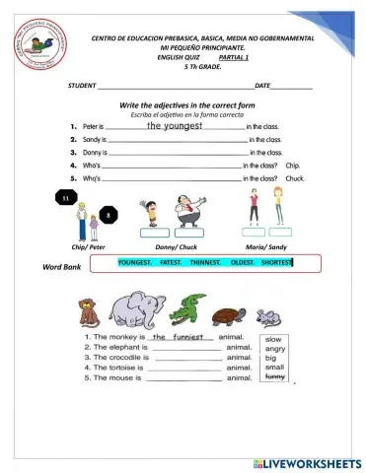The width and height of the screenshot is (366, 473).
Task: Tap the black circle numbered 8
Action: tap(108, 214)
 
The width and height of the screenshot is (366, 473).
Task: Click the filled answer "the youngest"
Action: tap(174, 125)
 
